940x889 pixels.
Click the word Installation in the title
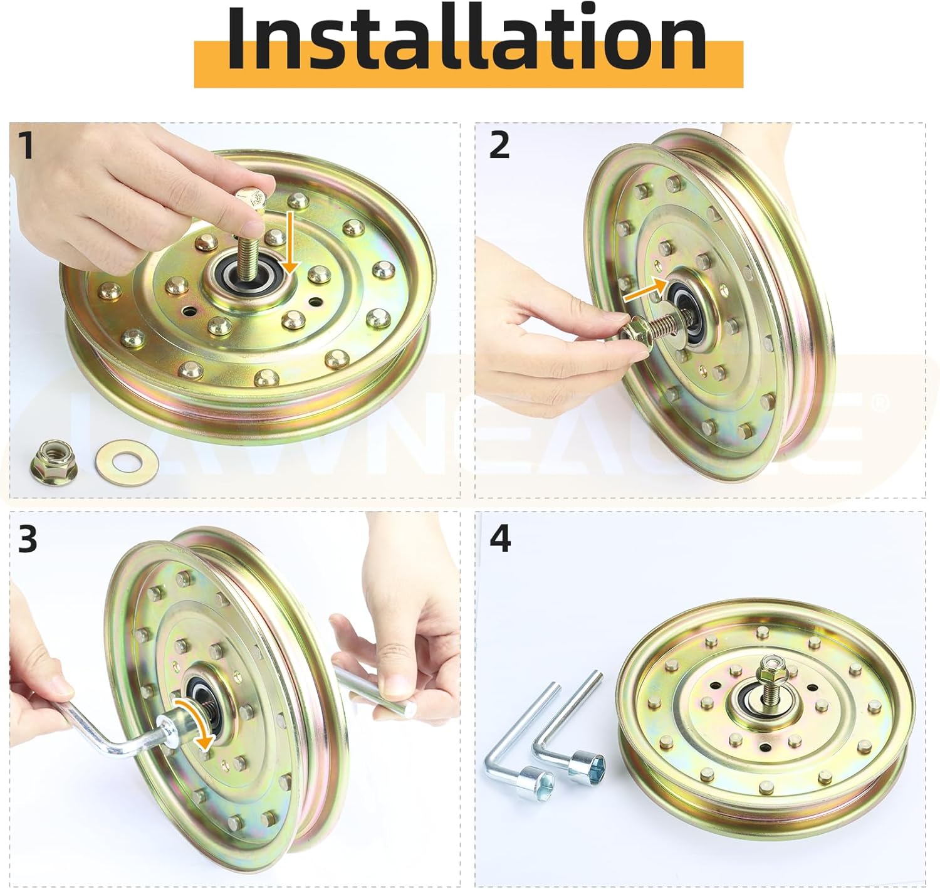click(467, 39)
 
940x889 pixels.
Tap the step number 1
click(26, 145)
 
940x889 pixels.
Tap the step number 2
click(499, 145)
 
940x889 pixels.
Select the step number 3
click(28, 539)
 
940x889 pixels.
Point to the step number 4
click(500, 539)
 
